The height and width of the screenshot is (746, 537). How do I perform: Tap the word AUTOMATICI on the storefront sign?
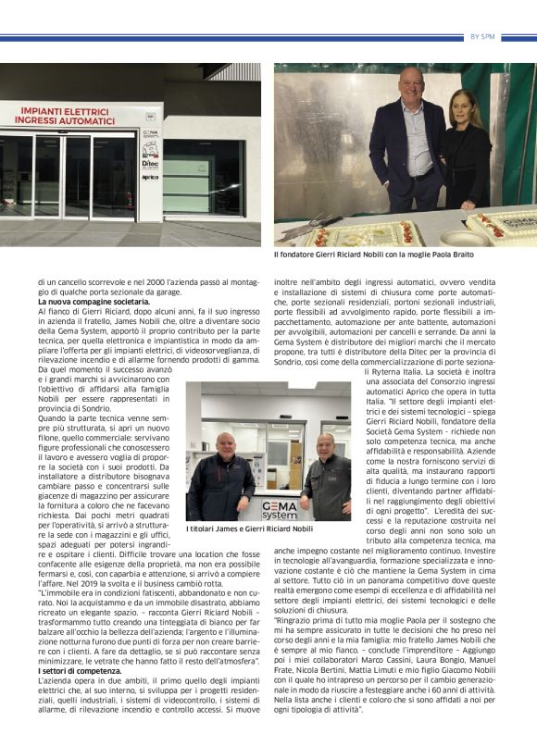[x=91, y=119]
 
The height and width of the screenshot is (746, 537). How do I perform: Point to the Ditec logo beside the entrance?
[x=150, y=162]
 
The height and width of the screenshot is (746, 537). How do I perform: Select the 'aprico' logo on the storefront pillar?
[x=150, y=177]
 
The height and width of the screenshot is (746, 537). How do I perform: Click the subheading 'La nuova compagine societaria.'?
[x=94, y=303]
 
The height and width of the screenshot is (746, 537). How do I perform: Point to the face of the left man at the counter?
[x=224, y=442]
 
